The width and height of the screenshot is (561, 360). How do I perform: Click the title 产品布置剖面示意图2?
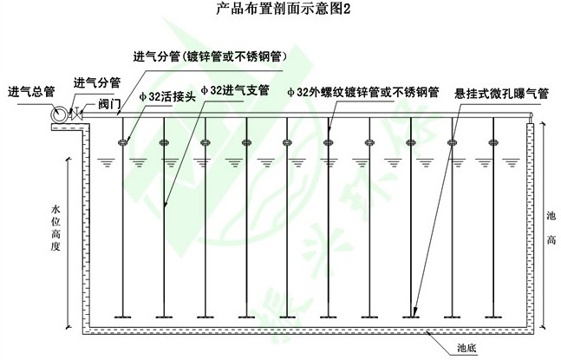(x=284, y=9)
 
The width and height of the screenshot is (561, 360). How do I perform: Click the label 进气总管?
(x=31, y=92)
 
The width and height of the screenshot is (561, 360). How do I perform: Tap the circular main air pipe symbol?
(x=59, y=115)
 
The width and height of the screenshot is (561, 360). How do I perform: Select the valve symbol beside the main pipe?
(x=76, y=115)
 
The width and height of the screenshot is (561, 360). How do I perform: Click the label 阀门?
(x=109, y=104)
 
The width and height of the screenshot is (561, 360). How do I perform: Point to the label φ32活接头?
(x=168, y=96)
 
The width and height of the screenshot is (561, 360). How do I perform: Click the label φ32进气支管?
(x=235, y=90)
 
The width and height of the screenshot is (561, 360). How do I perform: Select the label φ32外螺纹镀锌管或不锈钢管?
(x=363, y=92)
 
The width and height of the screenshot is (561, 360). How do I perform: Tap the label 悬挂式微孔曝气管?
(x=501, y=94)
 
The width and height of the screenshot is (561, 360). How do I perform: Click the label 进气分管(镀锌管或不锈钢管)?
(x=211, y=57)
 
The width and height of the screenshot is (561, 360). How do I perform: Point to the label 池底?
(x=466, y=348)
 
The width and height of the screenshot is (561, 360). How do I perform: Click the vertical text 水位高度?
(x=55, y=228)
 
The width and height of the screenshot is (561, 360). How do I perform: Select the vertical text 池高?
(x=551, y=228)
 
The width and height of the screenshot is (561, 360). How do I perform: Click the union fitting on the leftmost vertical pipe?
(x=123, y=142)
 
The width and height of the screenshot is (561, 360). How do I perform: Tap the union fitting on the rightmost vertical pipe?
(x=493, y=142)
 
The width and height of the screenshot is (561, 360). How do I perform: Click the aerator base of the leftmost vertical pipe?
(x=123, y=317)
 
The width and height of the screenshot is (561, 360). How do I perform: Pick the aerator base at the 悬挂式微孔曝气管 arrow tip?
(x=411, y=317)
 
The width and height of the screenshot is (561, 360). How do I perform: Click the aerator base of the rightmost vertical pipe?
(x=493, y=317)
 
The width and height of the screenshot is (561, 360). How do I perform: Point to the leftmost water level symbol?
(x=107, y=163)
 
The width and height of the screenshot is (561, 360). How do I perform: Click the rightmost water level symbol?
(x=512, y=163)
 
